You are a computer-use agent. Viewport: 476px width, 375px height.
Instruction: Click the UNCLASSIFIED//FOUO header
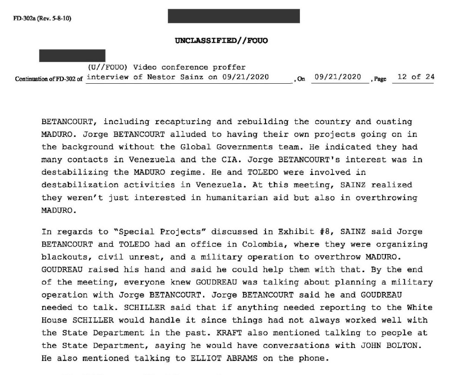pyautogui.click(x=221, y=41)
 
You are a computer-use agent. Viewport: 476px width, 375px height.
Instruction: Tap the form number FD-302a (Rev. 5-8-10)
pyautogui.click(x=39, y=19)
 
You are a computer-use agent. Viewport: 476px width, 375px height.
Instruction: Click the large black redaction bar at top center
pyautogui.click(x=234, y=16)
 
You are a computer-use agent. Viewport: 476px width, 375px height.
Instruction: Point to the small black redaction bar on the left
pyautogui.click(x=72, y=55)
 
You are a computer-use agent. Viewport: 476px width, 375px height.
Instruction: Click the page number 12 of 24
pyautogui.click(x=413, y=77)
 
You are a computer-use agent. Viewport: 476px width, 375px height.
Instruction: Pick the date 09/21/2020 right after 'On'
pyautogui.click(x=337, y=77)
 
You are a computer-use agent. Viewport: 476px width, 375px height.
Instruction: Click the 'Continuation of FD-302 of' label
pyautogui.click(x=49, y=79)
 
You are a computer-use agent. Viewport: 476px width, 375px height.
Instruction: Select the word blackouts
pyautogui.click(x=62, y=257)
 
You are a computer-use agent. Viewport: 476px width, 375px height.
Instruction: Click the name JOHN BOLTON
pyautogui.click(x=384, y=345)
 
